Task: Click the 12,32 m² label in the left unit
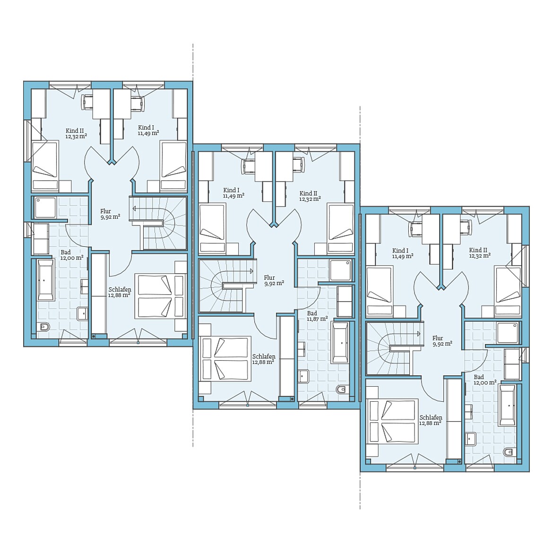coord(76,136)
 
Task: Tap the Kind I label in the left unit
coord(146,127)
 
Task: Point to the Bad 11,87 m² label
coord(317,316)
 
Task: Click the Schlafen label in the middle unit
coord(264,356)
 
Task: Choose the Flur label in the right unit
coord(438,338)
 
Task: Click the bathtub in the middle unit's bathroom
coord(340,343)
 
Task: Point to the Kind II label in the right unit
coord(478,250)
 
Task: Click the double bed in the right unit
coord(392,421)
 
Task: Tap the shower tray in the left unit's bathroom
coord(45,207)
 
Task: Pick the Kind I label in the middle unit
coord(231,190)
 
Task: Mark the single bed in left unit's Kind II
coord(45,166)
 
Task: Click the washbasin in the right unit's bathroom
coord(470,439)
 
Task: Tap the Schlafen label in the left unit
coord(120,290)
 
